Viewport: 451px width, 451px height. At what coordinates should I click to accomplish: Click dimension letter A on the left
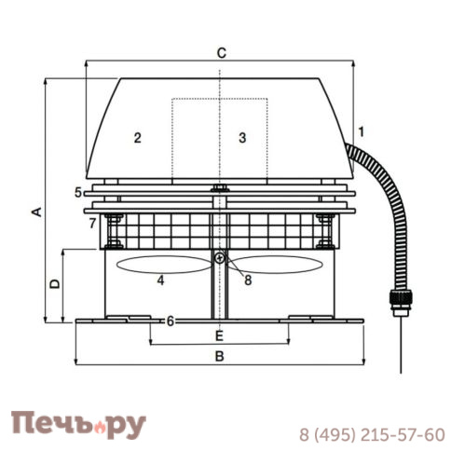pyautogui.click(x=35, y=212)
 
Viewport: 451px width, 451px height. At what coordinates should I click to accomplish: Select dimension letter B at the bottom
pyautogui.click(x=220, y=356)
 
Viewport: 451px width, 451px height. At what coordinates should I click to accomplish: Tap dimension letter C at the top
pyautogui.click(x=221, y=52)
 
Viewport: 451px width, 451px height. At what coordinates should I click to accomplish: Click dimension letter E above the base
pyautogui.click(x=219, y=335)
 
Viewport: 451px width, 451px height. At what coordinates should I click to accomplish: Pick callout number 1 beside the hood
pyautogui.click(x=362, y=131)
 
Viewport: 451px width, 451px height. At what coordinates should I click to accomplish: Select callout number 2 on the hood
pyautogui.click(x=137, y=138)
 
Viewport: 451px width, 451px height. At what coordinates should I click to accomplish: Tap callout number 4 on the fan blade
pyautogui.click(x=161, y=280)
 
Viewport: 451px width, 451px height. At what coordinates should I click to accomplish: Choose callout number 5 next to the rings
pyautogui.click(x=77, y=193)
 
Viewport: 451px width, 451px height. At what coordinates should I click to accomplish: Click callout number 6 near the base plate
pyautogui.click(x=170, y=321)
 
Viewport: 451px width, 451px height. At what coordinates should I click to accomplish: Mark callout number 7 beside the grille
pyautogui.click(x=91, y=224)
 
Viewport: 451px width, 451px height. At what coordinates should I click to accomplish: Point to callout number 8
pyautogui.click(x=249, y=279)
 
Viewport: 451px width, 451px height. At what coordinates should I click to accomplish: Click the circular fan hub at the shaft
pyautogui.click(x=219, y=258)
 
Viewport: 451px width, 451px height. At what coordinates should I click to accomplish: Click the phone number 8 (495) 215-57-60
pyautogui.click(x=371, y=434)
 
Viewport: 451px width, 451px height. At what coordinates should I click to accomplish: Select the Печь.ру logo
pyautogui.click(x=78, y=425)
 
